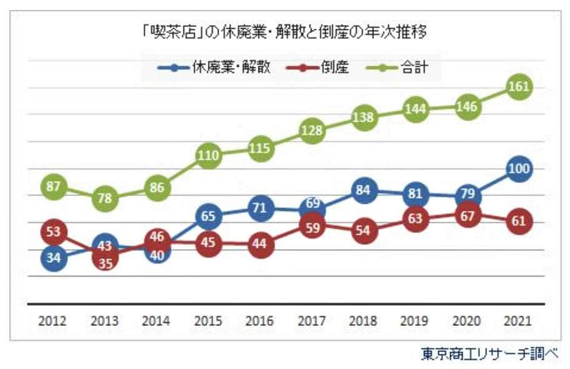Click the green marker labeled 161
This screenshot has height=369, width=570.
(519, 87)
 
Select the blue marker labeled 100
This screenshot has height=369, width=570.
(519, 169)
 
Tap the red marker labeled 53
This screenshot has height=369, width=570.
(54, 232)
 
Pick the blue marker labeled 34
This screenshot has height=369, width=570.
(54, 257)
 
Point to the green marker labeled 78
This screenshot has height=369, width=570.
(106, 199)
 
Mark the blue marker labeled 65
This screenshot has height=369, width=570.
(209, 217)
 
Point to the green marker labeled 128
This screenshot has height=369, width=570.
(312, 130)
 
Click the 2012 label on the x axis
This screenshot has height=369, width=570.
(54, 322)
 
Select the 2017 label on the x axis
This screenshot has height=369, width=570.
(312, 322)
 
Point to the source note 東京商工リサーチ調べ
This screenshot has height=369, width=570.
(489, 355)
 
